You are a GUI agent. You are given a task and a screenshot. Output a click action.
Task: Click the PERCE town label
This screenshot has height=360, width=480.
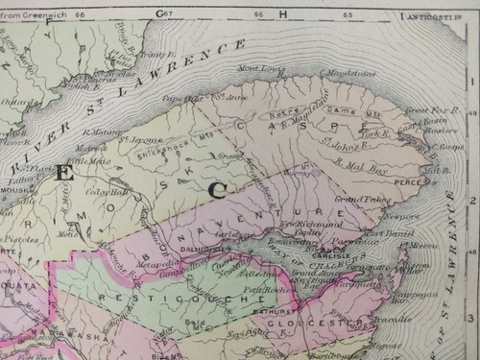(411, 180)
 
